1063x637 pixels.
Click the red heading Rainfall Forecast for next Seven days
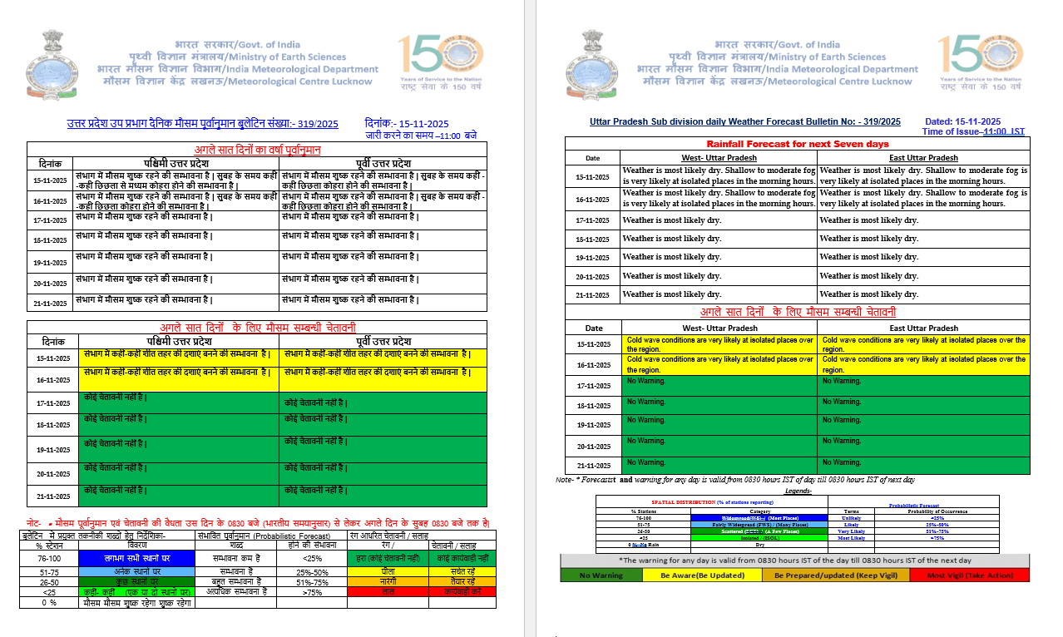(797, 144)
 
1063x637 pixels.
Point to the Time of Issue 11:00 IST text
(972, 131)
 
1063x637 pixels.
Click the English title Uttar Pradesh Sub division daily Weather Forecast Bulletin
(744, 121)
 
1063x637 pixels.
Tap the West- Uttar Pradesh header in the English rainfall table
(719, 158)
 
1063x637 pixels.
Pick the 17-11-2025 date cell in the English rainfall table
(592, 220)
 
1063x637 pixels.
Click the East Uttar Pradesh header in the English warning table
(923, 328)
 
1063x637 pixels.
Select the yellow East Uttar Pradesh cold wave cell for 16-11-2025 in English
(923, 364)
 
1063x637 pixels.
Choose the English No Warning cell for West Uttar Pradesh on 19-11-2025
(719, 425)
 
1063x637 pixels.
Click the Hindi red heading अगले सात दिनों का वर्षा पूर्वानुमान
(257, 150)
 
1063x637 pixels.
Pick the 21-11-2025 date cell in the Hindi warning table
(52, 496)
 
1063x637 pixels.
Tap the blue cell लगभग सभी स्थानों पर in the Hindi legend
(137, 559)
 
